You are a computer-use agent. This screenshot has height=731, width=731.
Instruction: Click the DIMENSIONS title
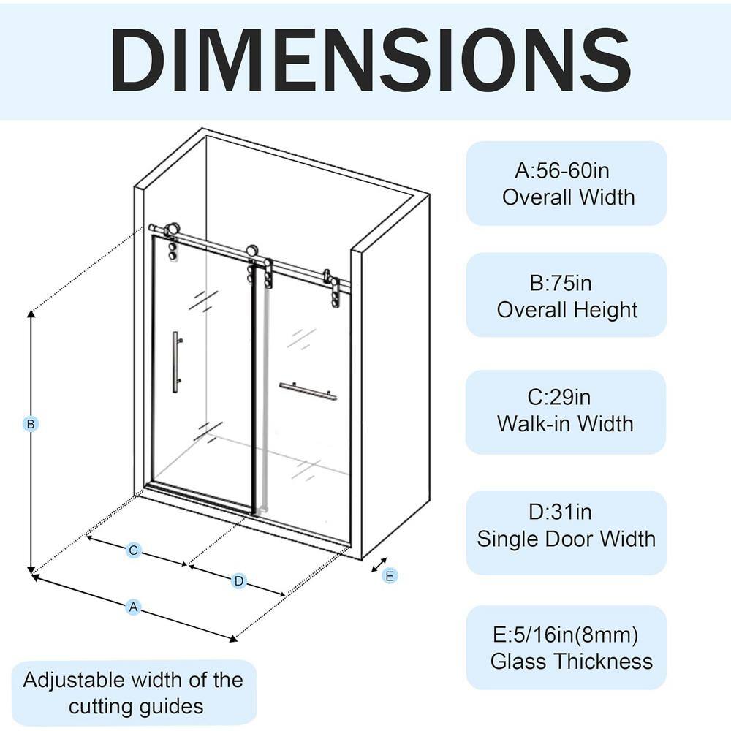(370, 60)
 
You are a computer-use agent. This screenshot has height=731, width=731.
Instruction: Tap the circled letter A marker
(133, 607)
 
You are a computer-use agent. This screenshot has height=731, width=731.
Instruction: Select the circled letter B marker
(30, 424)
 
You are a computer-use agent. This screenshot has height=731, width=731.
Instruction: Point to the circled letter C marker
(133, 550)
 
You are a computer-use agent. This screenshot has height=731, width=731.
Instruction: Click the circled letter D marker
(239, 581)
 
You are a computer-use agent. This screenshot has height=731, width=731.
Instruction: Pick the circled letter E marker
(390, 576)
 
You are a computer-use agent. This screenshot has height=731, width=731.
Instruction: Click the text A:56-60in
(561, 170)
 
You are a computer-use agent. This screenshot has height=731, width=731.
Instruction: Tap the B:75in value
(561, 283)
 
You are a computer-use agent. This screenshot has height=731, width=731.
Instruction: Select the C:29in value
(559, 397)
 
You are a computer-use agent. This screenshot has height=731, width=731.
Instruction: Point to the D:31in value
(560, 512)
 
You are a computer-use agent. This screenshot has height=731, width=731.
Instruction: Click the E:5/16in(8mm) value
(566, 635)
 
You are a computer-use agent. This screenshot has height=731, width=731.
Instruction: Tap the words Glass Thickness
(572, 662)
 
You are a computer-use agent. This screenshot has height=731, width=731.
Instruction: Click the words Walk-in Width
(565, 424)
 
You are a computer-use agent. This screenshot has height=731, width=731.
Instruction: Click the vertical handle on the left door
(175, 363)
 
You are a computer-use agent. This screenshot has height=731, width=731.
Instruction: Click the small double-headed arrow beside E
(379, 564)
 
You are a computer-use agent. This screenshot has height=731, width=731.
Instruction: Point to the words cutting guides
(136, 707)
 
